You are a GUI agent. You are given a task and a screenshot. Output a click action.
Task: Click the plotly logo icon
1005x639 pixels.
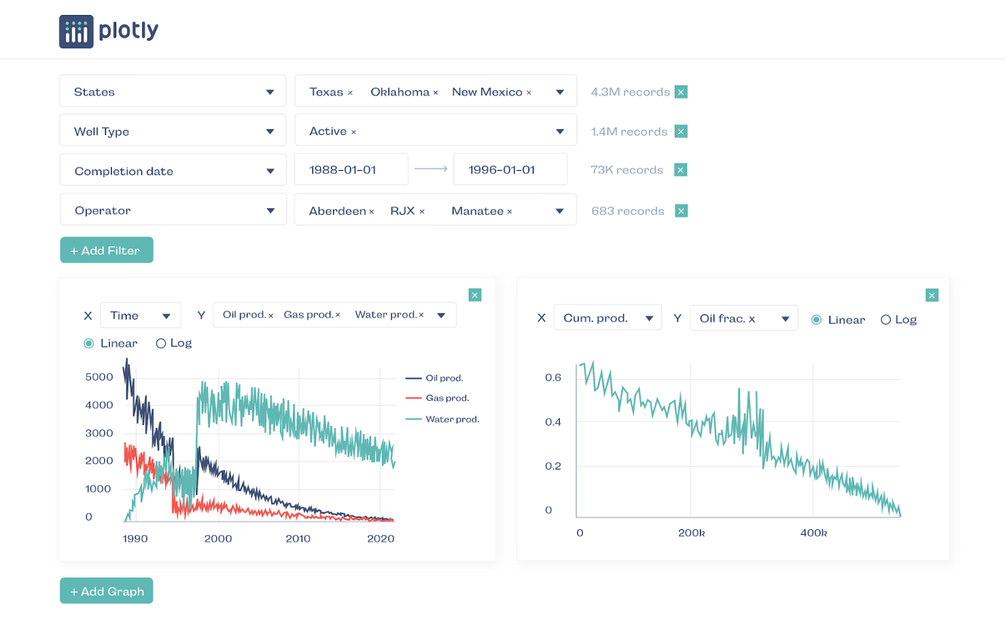(76, 32)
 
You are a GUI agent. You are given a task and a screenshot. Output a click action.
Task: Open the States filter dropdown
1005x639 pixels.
(173, 92)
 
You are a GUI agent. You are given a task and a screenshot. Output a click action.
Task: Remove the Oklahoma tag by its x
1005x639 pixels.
(436, 93)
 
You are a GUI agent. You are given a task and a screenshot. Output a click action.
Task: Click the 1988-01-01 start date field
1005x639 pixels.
(351, 170)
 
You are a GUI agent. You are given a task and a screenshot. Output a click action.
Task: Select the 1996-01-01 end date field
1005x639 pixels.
(510, 170)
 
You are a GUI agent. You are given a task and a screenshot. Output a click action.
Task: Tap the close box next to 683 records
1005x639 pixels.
(681, 210)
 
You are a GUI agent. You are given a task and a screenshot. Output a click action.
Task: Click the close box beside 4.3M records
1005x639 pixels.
(681, 92)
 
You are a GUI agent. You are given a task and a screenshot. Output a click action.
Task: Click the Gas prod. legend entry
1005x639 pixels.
(447, 398)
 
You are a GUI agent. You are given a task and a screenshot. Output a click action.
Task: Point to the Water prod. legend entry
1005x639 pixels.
(452, 419)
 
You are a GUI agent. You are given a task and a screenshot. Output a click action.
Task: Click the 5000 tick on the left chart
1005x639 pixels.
(99, 377)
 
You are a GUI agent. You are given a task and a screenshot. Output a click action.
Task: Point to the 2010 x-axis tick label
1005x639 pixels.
(298, 538)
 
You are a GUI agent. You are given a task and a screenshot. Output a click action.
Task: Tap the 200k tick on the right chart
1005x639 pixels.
(691, 533)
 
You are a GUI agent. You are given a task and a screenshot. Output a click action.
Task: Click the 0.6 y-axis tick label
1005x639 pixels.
(553, 378)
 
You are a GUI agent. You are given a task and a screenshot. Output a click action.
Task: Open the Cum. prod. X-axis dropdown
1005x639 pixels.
(607, 318)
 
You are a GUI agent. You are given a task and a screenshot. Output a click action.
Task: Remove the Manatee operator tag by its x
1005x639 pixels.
(510, 212)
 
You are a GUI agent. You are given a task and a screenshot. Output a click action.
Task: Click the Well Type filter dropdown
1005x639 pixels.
(173, 131)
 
